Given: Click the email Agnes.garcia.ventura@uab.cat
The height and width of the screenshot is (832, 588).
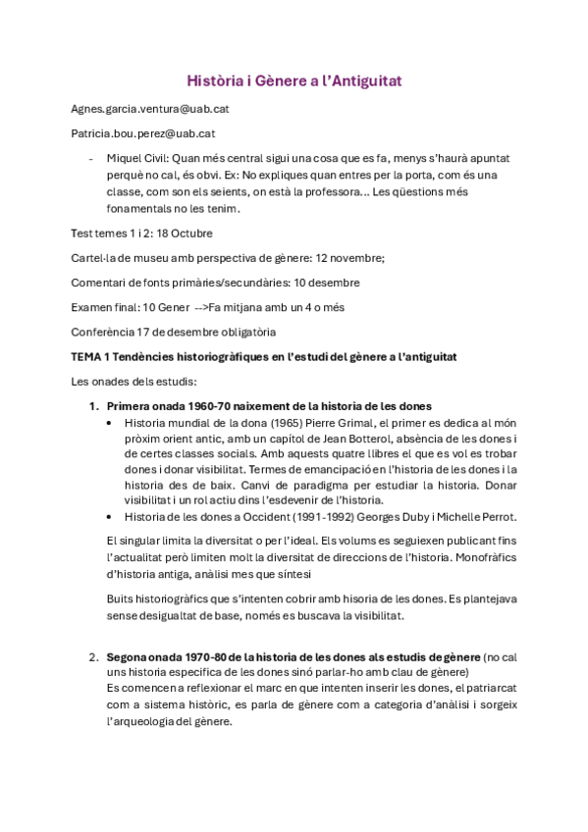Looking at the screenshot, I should point(150,108).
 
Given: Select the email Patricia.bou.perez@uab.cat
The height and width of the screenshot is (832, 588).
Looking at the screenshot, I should point(143,132).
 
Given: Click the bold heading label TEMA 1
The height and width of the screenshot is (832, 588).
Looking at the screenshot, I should point(91,355).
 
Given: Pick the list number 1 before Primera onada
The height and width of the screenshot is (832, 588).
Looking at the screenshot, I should point(93,405).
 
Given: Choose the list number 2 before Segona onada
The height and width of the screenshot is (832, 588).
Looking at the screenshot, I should point(93,655).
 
